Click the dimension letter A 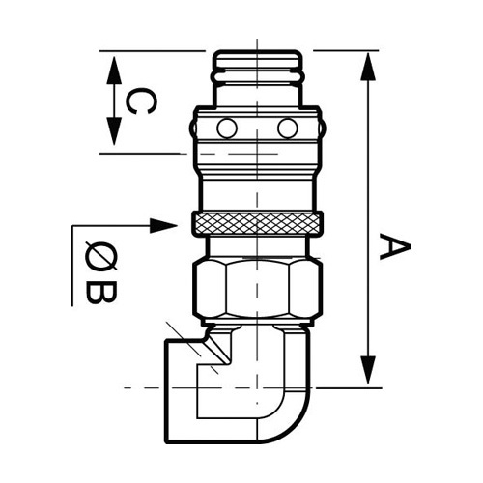tap(395, 246)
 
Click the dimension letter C tap(141, 100)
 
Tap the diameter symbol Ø tap(101, 257)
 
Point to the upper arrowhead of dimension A tap(368, 67)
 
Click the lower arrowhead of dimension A tap(368, 370)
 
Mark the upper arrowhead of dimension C tap(114, 71)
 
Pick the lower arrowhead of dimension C tap(114, 131)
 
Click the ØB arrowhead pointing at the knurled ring tap(163, 225)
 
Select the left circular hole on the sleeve tap(227, 128)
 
